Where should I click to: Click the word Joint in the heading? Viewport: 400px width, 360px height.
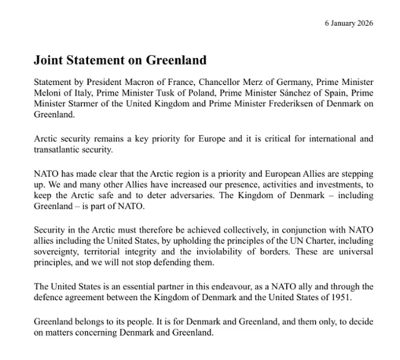pyautogui.click(x=49, y=61)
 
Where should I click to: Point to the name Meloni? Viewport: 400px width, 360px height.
pyautogui.click(x=48, y=94)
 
